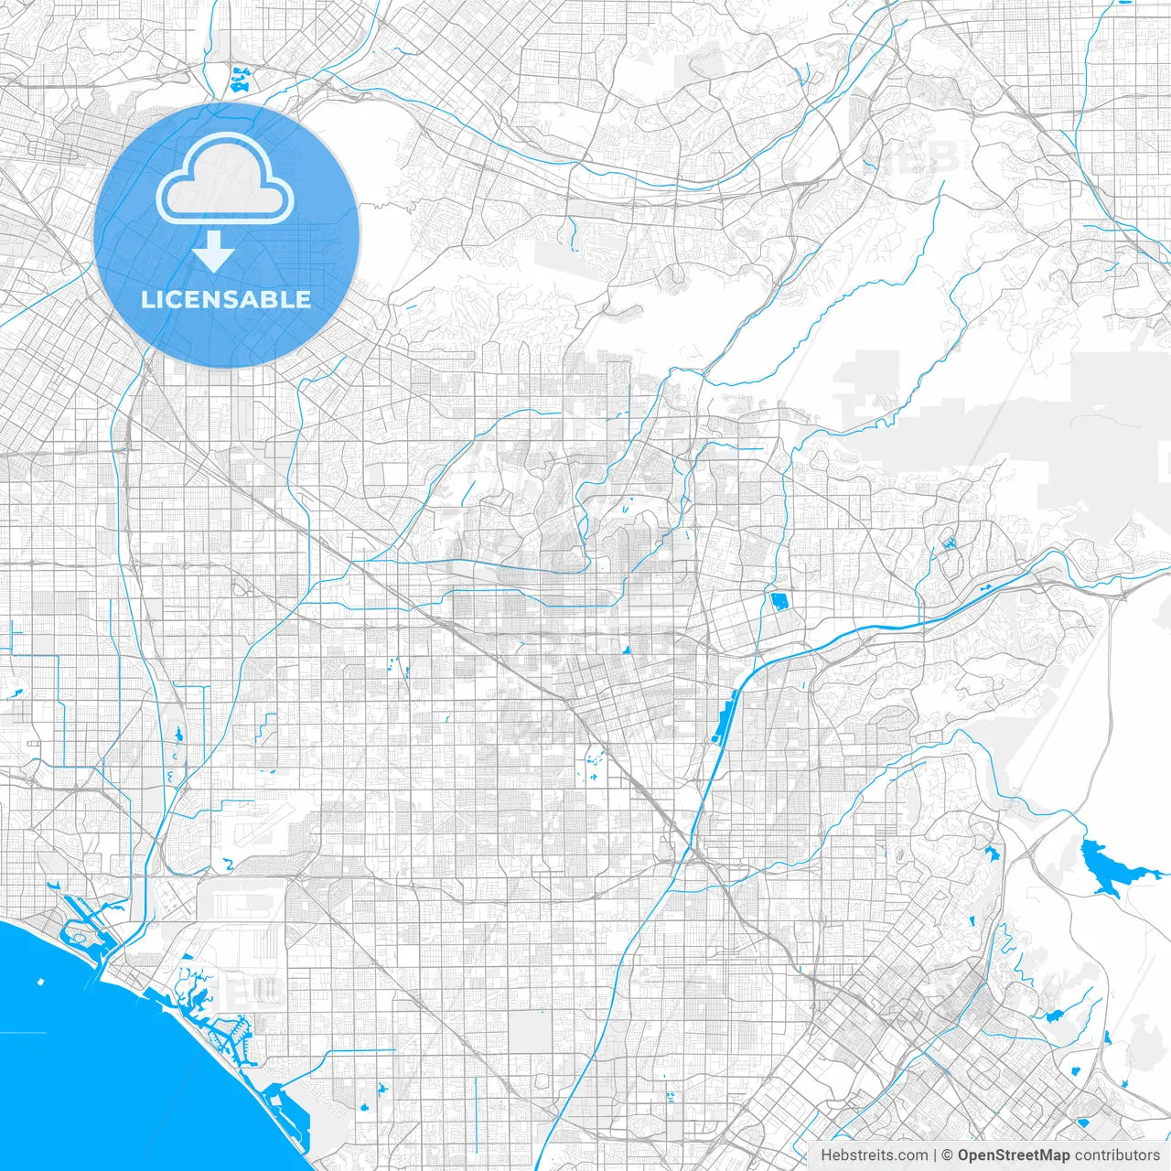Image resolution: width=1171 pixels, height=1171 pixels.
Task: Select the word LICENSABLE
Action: point(226,299)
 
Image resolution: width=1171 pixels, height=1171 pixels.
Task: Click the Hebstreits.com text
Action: point(874,1155)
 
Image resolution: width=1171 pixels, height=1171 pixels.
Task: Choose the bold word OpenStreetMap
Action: point(1013,1155)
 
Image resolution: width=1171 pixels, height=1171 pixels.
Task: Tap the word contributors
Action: point(1116,1155)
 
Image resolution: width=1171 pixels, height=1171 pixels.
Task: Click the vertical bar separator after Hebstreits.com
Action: point(933,1155)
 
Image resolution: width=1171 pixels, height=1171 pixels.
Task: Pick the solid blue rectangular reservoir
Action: point(779,601)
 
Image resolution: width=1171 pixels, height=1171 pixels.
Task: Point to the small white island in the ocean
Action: point(40,982)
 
